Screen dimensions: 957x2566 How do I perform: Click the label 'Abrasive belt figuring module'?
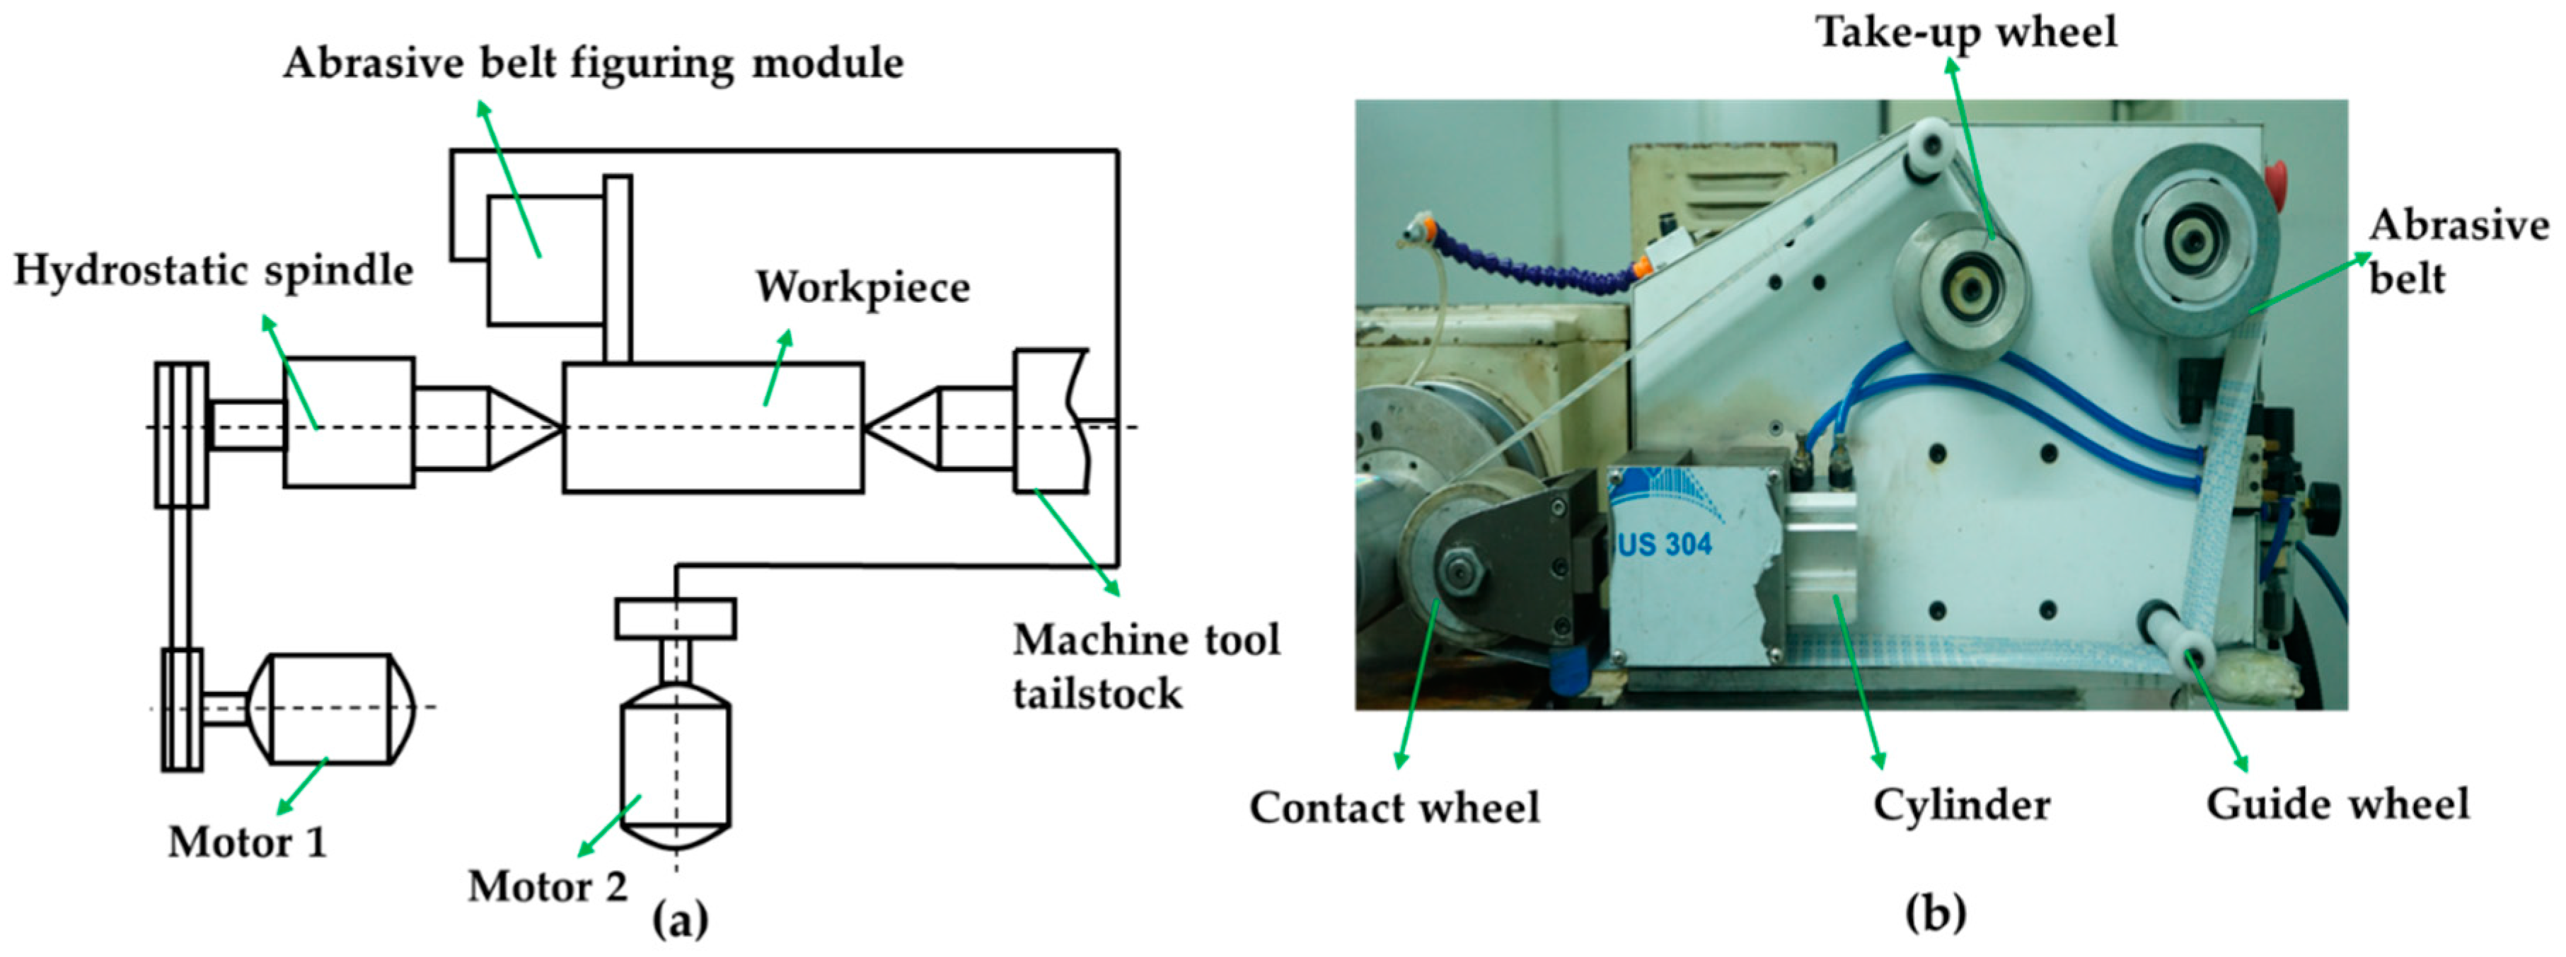tap(594, 64)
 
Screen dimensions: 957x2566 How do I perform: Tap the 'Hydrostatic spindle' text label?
tap(213, 271)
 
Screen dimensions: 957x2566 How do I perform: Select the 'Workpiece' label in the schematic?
tap(862, 288)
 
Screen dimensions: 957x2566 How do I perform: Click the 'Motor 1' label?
tap(247, 842)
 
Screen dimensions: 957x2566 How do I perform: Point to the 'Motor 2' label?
tap(548, 886)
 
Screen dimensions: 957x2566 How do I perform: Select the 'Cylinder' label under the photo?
tap(1961, 805)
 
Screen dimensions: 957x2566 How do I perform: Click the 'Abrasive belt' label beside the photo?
tap(2456, 251)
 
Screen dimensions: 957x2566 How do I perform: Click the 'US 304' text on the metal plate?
tap(1660, 544)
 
